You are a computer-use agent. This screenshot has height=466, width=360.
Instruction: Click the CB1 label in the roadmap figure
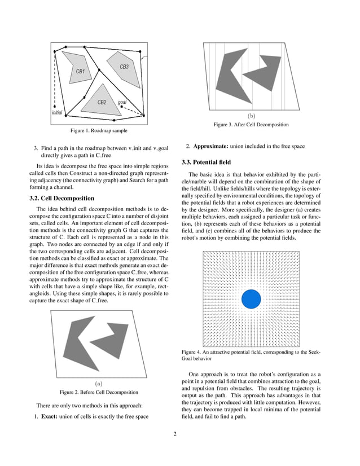[80, 72]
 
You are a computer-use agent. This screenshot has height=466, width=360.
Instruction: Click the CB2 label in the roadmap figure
[102, 102]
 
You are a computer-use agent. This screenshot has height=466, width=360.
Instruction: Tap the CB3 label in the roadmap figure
[124, 67]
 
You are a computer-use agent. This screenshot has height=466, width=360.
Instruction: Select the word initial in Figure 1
[56, 112]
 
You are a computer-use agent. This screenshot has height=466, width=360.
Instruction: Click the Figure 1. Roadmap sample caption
[98, 131]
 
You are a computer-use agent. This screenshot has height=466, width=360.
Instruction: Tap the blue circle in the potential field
[251, 298]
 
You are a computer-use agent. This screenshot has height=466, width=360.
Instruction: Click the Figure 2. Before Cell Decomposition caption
[98, 392]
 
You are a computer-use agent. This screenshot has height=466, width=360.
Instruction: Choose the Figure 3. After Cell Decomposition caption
[251, 125]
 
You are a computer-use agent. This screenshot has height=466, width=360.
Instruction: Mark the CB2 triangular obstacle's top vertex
[104, 85]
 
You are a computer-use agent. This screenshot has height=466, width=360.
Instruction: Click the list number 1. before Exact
[31, 417]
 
